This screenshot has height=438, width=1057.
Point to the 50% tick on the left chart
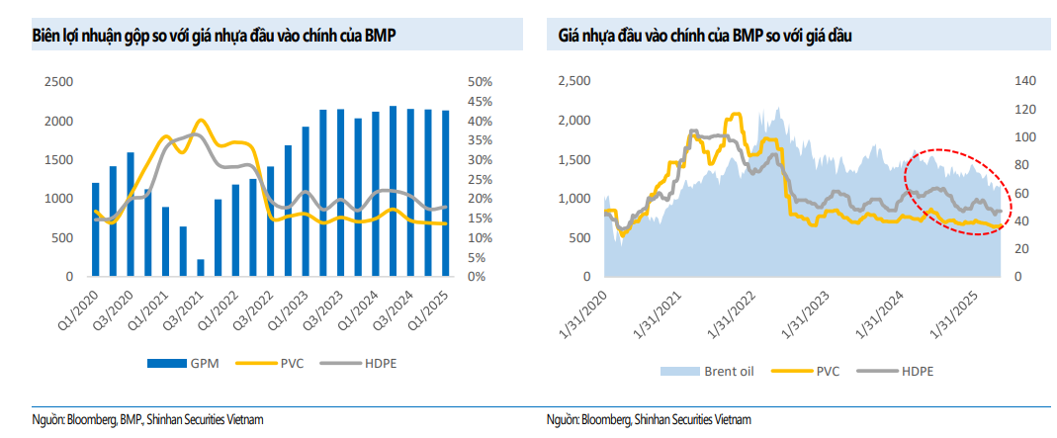480,82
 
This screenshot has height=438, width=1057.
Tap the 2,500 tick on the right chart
573,82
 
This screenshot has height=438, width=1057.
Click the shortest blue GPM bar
201,267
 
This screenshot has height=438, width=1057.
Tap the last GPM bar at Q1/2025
445,194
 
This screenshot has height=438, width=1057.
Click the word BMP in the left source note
132,420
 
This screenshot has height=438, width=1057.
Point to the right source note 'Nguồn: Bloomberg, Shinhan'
649,420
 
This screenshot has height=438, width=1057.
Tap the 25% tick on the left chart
480,179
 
